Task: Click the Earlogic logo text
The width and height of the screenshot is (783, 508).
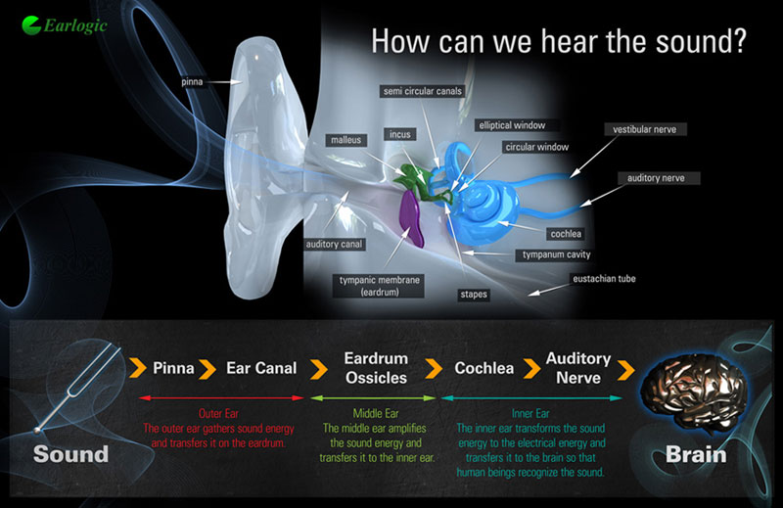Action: (75, 25)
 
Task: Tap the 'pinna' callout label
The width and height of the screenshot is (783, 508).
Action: (192, 82)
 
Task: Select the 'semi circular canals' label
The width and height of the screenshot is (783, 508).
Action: (423, 91)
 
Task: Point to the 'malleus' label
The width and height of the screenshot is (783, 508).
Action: (345, 140)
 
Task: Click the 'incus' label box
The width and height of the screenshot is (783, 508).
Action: (400, 134)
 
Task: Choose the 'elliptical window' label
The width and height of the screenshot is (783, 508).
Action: (512, 125)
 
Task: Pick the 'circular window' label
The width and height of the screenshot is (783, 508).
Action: (536, 147)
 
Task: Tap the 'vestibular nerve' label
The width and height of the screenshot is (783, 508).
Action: (645, 129)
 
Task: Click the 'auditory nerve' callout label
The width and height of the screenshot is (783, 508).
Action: (656, 178)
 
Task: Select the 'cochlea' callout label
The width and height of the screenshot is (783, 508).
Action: (566, 234)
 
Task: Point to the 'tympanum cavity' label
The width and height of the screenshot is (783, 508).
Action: (556, 254)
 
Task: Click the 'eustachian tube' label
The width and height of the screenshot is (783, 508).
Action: (604, 279)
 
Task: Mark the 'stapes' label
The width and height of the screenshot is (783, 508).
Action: (474, 295)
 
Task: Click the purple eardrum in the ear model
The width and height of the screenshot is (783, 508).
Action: (412, 218)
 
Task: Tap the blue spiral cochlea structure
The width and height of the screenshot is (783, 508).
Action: (484, 208)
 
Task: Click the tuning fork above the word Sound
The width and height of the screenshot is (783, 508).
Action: (80, 389)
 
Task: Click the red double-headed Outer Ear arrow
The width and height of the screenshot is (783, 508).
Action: (221, 397)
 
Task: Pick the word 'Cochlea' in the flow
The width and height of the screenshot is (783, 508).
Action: (484, 368)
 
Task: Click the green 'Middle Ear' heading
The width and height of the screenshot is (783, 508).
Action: (376, 414)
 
